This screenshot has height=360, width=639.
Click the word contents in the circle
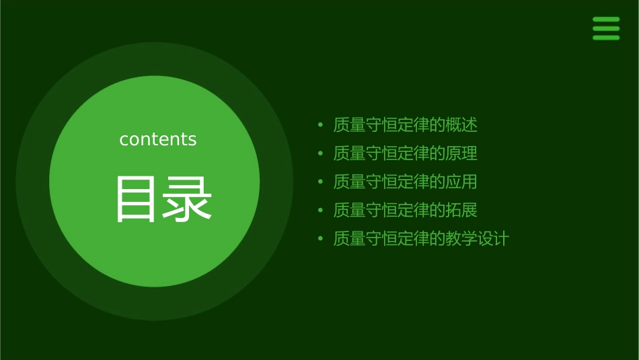click(x=158, y=139)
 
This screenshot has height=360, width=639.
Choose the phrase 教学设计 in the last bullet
click(x=478, y=238)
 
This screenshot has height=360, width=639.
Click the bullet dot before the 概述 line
click(x=320, y=125)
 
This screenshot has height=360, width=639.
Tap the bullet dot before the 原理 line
click(x=320, y=153)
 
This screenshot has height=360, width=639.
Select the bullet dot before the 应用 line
click(x=320, y=182)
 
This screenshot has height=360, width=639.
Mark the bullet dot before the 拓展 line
click(x=320, y=210)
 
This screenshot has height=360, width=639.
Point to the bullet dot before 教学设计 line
click(x=320, y=238)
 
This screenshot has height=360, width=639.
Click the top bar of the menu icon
click(x=606, y=20)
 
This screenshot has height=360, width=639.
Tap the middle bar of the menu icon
click(x=606, y=28)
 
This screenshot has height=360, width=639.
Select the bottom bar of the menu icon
click(x=606, y=38)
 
